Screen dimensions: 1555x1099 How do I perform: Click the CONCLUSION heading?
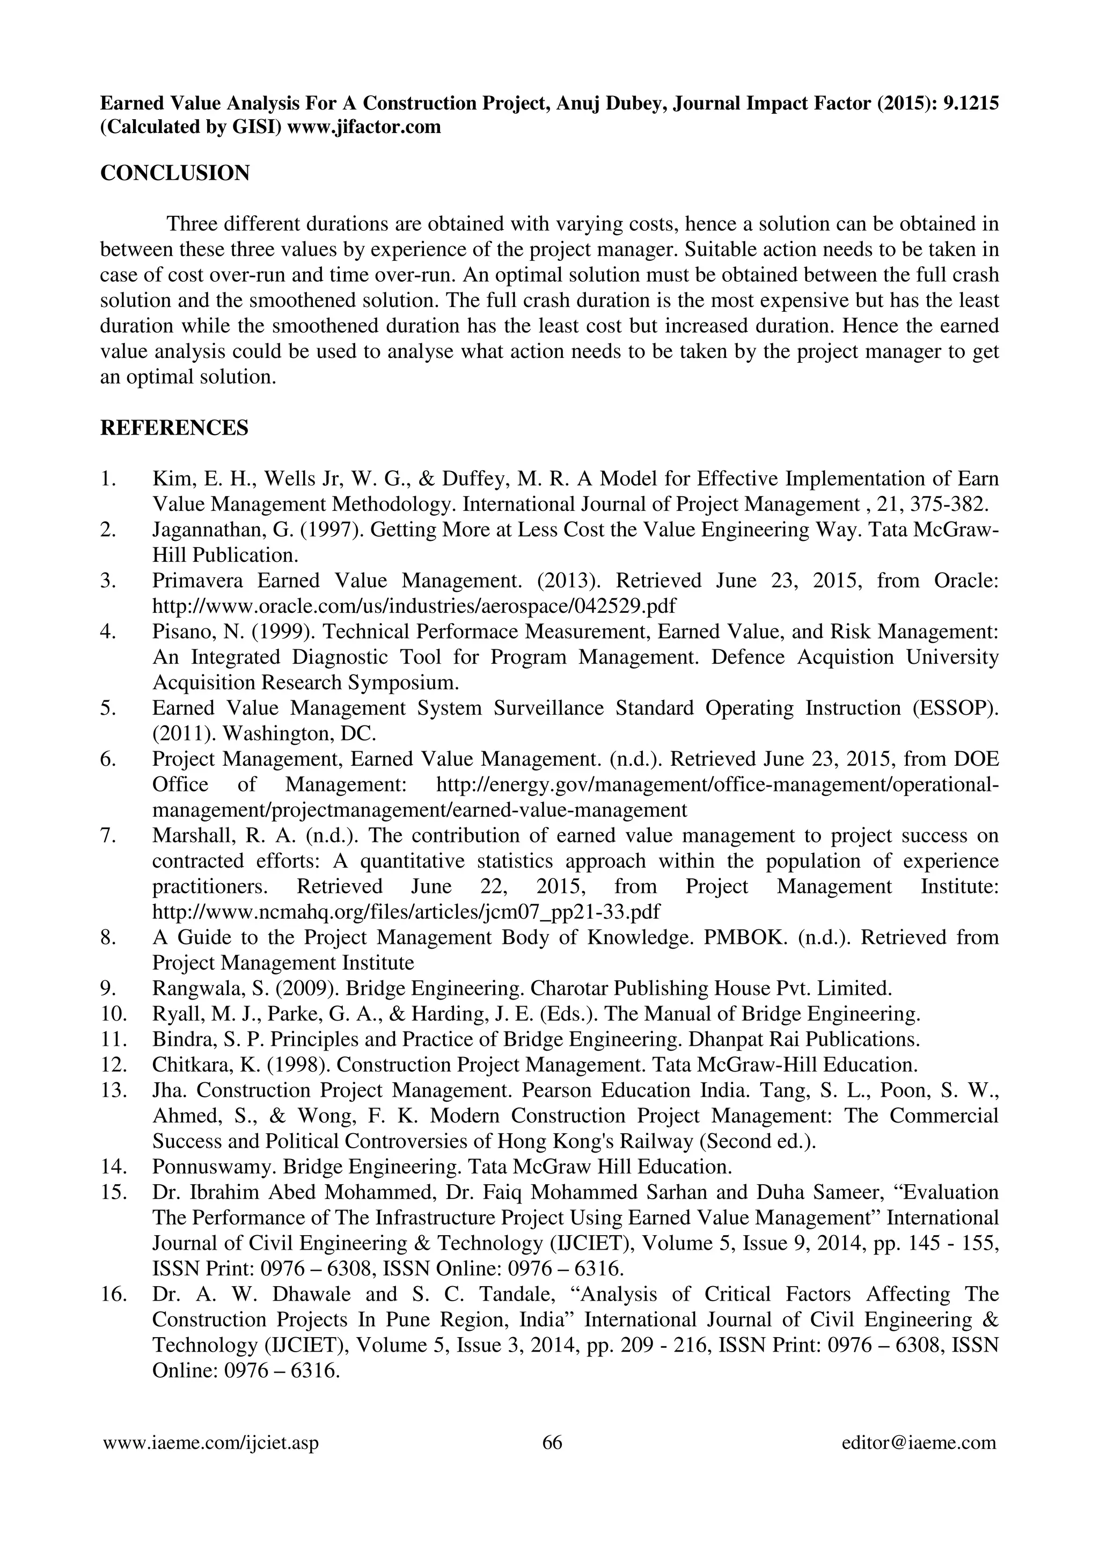pos(175,173)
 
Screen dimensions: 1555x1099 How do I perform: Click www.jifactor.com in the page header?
pos(364,127)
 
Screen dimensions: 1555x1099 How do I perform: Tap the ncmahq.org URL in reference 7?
pos(406,912)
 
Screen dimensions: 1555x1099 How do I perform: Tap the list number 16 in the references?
pos(114,1294)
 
